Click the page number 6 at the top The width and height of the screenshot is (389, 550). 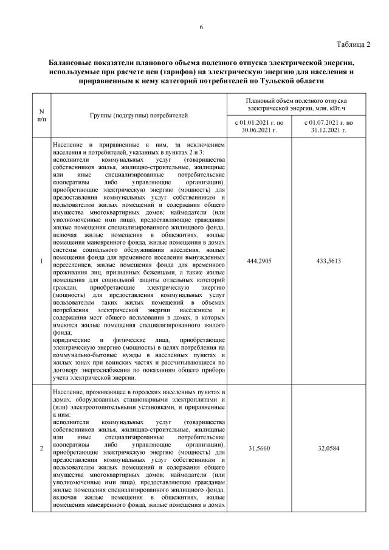click(201, 27)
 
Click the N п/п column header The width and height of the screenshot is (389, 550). click(41, 114)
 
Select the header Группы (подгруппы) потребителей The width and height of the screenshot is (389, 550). click(139, 114)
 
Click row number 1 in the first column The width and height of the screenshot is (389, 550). click(41, 261)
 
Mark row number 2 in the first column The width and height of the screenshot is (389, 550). click(41, 448)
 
